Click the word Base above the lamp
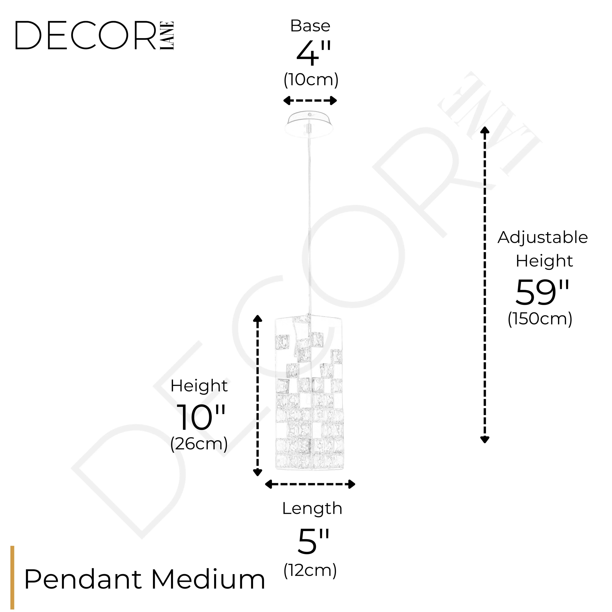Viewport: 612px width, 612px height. (310, 26)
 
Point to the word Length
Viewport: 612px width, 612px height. (312, 509)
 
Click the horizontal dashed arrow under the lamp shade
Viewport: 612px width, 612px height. (310, 484)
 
